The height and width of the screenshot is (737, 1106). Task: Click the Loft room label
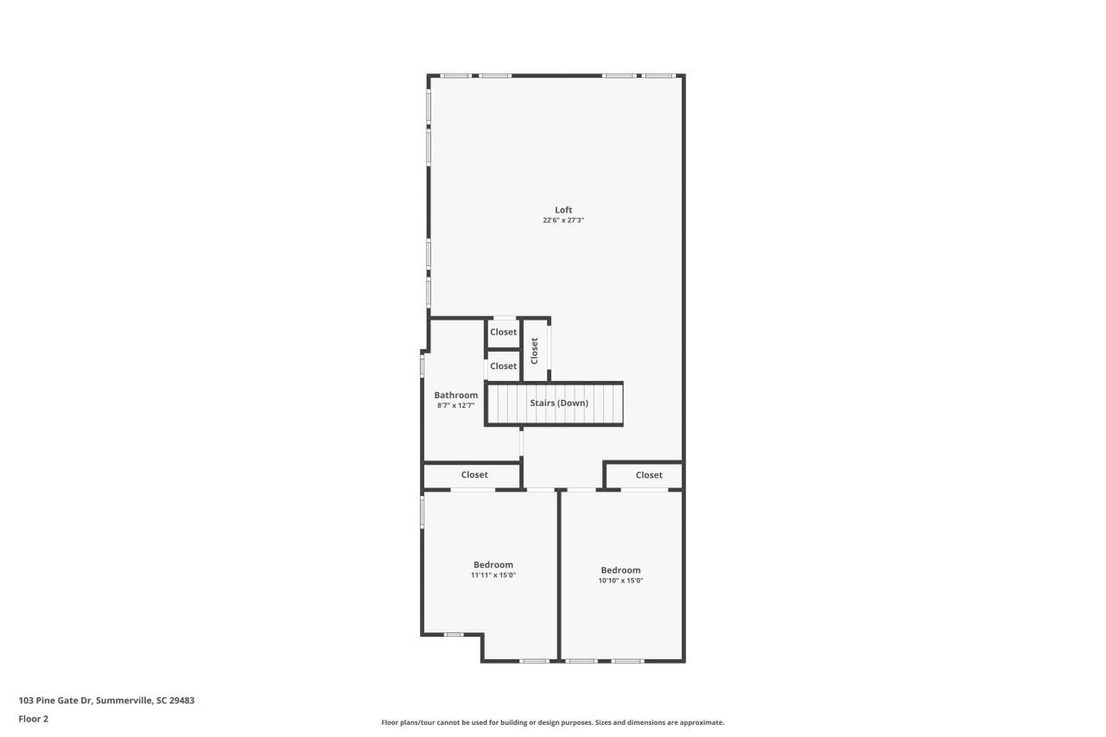tap(563, 210)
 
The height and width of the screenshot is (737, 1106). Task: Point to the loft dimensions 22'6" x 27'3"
tap(563, 220)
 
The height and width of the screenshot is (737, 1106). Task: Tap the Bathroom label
tap(455, 396)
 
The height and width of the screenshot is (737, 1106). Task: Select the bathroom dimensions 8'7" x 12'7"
tap(455, 405)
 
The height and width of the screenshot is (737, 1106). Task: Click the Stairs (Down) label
tap(558, 403)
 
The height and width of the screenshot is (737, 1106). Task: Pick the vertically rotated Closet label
tap(535, 350)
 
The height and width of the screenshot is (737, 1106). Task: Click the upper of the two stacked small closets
tap(503, 333)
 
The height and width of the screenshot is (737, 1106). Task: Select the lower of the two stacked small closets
tap(503, 366)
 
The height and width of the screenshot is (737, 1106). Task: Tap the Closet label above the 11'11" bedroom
tap(474, 475)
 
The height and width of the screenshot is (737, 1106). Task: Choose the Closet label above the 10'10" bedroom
tap(649, 475)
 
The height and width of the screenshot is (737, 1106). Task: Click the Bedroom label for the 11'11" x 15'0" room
tap(493, 565)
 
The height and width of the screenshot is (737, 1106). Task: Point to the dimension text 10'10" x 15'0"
tap(620, 581)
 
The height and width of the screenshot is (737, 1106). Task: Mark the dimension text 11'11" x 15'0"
tap(493, 575)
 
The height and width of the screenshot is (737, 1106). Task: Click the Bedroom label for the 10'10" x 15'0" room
tap(620, 570)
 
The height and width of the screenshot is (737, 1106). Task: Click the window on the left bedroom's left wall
tap(423, 510)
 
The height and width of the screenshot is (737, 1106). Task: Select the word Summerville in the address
tap(125, 701)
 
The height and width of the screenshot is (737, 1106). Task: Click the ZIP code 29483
tap(182, 701)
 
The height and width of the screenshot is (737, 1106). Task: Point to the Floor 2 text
tap(34, 719)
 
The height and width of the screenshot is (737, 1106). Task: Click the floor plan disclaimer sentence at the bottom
tap(553, 722)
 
